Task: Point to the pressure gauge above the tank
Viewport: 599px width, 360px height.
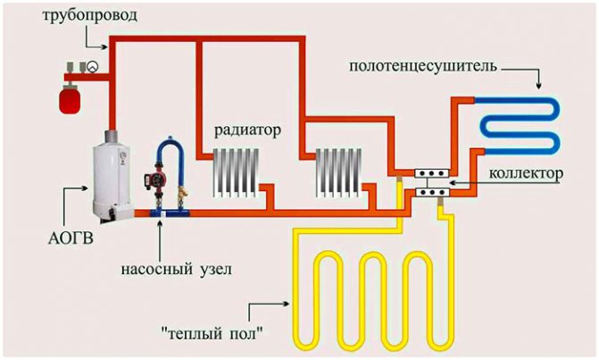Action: tap(91, 66)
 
